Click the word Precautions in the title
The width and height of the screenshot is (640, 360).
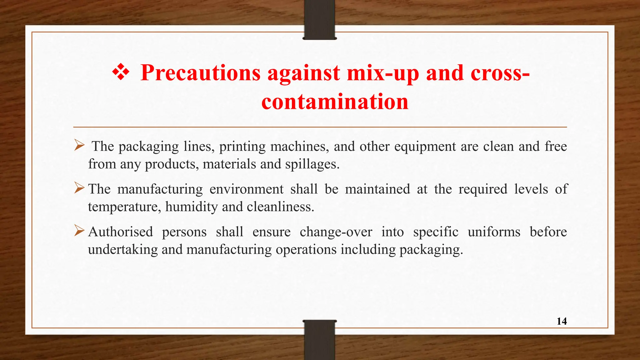200,73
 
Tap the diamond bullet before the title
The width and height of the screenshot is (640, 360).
121,72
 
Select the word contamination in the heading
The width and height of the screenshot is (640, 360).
335,102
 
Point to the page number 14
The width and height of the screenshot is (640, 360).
562,321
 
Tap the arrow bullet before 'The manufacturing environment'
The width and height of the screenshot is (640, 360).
79,188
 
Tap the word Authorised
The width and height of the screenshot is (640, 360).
121,232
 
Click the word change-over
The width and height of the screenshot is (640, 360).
336,232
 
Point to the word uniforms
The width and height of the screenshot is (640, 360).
494,232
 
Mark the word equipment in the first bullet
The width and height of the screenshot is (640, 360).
425,147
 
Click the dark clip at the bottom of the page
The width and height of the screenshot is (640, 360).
319,340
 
